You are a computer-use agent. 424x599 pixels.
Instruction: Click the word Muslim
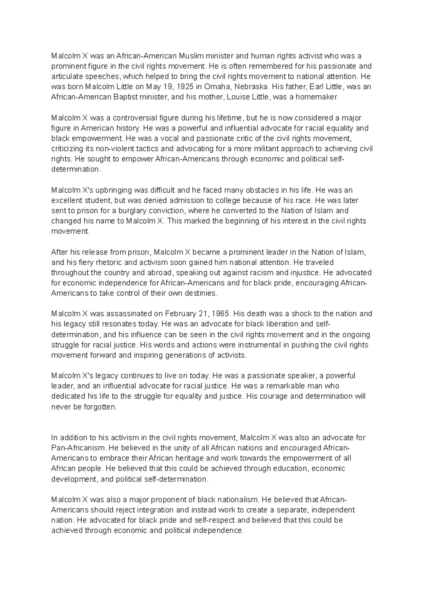[192, 56]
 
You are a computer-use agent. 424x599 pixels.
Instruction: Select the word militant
[270, 149]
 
